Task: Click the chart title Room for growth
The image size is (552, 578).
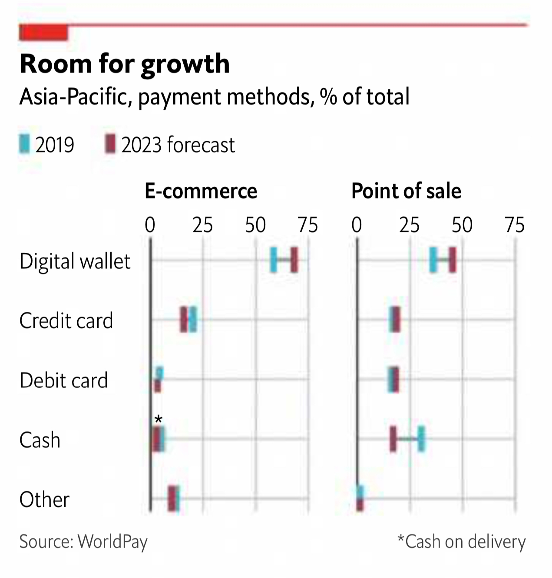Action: click(125, 64)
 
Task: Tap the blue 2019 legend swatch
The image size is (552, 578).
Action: click(24, 144)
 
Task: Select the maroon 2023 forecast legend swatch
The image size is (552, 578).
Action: click(110, 144)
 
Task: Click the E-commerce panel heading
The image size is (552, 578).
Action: click(201, 191)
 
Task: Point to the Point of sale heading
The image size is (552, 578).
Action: click(406, 191)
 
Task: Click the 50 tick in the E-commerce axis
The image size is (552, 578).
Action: click(255, 225)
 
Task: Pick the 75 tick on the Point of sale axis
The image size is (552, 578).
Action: click(515, 225)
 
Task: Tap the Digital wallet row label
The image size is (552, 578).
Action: click(75, 261)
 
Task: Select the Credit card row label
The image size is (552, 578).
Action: click(66, 321)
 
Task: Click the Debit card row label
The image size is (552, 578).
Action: click(63, 380)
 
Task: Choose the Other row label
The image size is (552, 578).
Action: click(44, 499)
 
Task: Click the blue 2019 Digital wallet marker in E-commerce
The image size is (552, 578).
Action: click(273, 260)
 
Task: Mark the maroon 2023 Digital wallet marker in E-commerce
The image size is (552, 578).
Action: click(294, 260)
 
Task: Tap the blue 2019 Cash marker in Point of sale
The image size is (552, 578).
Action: click(421, 439)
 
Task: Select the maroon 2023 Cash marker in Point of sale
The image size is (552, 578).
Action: click(393, 439)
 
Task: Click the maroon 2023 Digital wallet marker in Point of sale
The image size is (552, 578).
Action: click(453, 260)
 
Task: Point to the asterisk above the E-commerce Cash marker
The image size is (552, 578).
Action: click(159, 419)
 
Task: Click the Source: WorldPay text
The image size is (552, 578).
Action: click(83, 542)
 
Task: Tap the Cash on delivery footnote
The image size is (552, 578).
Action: click(461, 542)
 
